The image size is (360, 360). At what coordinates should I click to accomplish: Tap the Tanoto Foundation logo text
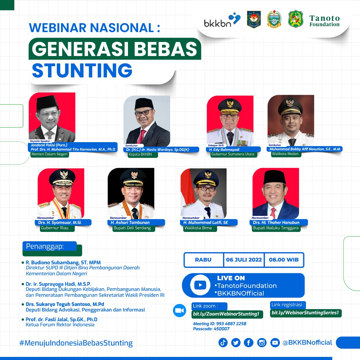point(325,21)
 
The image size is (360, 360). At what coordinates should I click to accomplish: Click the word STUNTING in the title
point(82,70)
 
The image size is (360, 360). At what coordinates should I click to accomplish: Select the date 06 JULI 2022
point(244,260)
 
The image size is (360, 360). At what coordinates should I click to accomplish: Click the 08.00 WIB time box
point(284,260)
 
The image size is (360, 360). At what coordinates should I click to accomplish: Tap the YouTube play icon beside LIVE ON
point(200,285)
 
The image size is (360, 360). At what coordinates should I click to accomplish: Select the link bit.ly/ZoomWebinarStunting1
point(226,314)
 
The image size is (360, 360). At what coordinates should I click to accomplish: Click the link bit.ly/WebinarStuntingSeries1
point(305,313)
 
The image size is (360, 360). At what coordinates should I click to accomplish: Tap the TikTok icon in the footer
point(223,343)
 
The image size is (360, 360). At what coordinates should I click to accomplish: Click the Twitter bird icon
point(236,343)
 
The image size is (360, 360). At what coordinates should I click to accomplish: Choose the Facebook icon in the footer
point(249,343)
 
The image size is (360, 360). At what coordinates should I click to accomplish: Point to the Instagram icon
point(262,343)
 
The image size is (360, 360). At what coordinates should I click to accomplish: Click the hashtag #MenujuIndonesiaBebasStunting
point(76,343)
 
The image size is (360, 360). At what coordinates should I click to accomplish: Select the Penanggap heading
point(45,246)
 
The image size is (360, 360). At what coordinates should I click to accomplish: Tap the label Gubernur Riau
point(55,228)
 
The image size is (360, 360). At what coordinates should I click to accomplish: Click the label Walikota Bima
point(198,228)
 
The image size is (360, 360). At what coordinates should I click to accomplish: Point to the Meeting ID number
point(231,324)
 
